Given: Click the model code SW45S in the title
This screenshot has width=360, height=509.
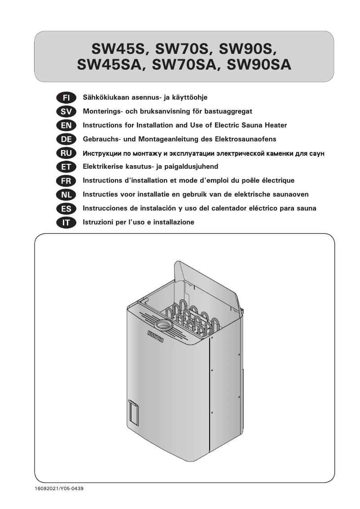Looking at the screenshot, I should (118, 49).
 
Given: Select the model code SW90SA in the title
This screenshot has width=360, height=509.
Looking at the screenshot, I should (259, 66).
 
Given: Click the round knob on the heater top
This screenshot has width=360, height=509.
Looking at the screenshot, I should (163, 325).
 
